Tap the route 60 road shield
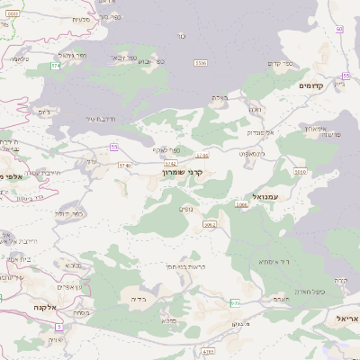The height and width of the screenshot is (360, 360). pyautogui.click(x=339, y=29)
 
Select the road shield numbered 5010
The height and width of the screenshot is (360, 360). pyautogui.click(x=300, y=171)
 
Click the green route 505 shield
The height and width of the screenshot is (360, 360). pyautogui.click(x=236, y=302)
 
